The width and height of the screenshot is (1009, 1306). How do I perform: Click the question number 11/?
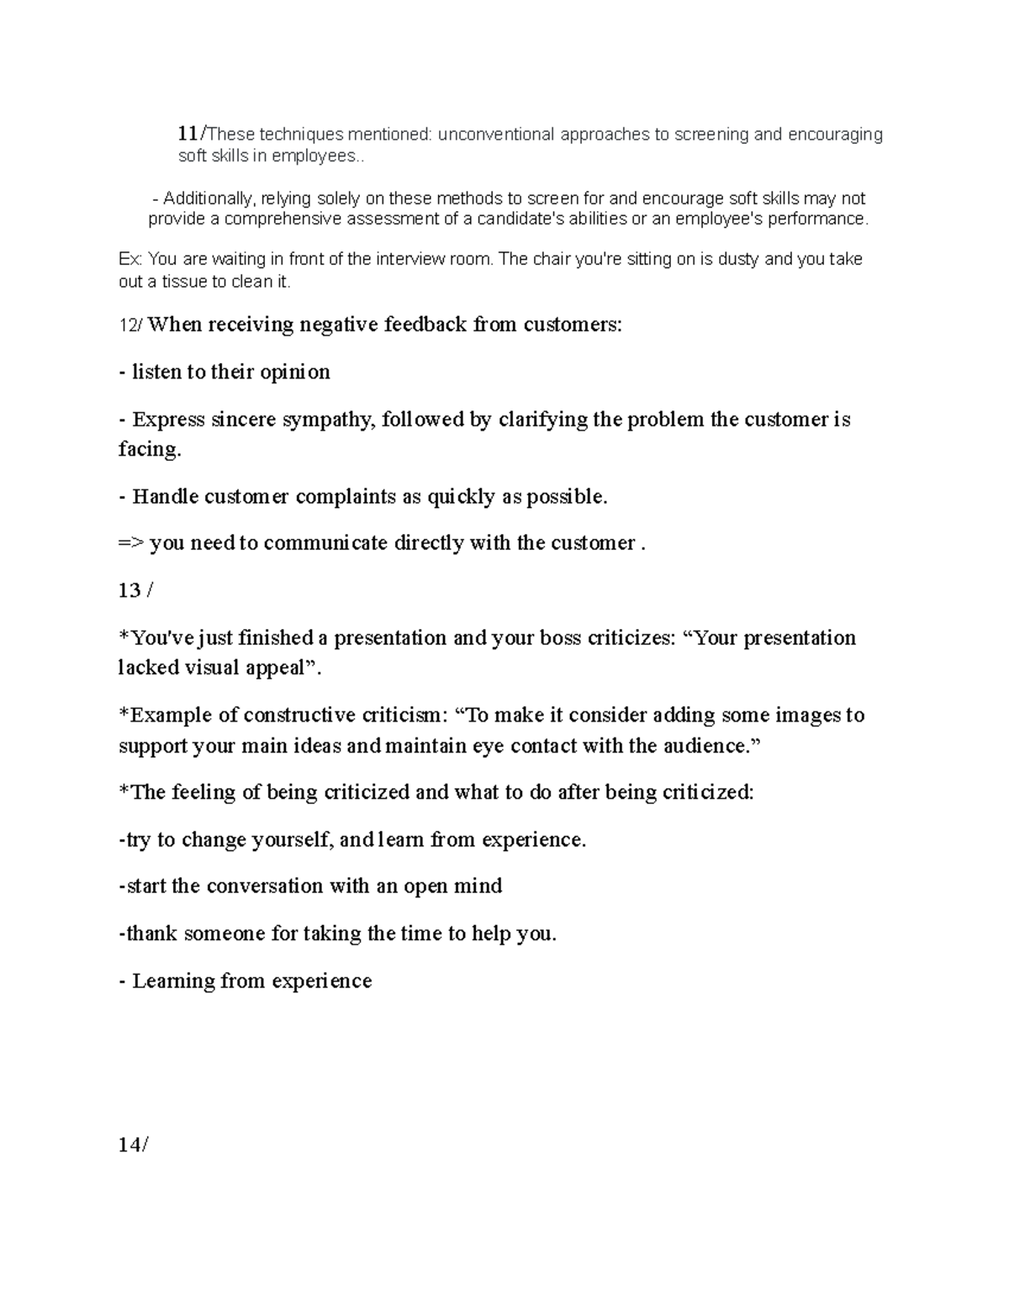191,134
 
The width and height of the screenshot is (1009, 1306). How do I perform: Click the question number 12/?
131,325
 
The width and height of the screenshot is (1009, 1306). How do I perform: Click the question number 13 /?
136,591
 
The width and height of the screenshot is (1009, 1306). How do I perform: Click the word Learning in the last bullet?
173,981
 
